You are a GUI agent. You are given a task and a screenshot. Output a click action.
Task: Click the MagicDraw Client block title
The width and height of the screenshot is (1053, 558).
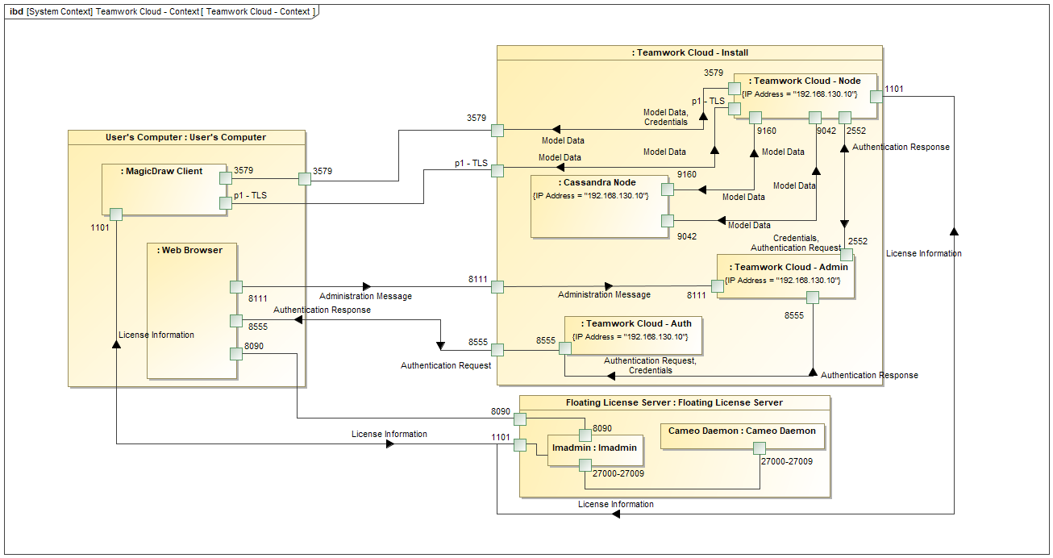pos(161,171)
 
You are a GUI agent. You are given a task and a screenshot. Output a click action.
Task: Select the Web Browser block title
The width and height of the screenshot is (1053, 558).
pos(192,250)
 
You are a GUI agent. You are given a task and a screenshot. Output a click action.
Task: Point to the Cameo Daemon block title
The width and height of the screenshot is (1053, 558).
pos(742,431)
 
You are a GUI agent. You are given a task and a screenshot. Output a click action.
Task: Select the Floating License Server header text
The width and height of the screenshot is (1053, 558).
pos(674,402)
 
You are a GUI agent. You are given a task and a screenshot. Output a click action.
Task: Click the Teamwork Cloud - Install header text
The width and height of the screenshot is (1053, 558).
pos(690,52)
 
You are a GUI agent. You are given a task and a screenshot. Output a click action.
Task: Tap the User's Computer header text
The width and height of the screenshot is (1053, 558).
pos(186,137)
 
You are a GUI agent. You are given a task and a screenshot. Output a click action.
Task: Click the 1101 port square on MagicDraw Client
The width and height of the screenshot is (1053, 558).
pos(116,214)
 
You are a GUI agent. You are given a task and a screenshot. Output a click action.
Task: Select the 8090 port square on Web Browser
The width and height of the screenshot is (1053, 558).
pos(236,353)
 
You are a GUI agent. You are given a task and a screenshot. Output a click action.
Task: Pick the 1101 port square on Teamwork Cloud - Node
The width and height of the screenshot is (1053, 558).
pos(876,96)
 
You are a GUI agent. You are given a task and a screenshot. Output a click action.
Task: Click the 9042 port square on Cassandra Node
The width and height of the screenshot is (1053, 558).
pos(668,220)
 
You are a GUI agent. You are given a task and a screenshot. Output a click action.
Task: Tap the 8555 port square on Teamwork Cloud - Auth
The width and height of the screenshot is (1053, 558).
pos(565,348)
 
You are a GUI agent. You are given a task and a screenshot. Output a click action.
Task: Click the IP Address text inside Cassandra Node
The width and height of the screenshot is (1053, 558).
pos(590,196)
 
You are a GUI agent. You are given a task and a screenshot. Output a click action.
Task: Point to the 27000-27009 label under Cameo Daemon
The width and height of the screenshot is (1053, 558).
pos(787,462)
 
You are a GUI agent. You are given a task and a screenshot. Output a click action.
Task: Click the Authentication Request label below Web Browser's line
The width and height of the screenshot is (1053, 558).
pos(446,365)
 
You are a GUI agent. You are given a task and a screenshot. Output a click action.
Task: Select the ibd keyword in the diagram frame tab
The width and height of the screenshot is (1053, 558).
pos(16,11)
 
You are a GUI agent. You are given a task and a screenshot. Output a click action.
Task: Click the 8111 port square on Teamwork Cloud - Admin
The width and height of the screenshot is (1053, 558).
pos(717,286)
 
